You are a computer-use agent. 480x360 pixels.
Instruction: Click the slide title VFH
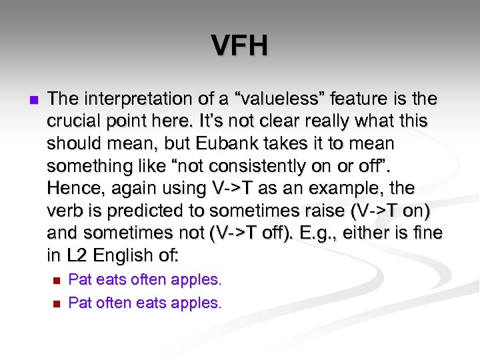coord(240,46)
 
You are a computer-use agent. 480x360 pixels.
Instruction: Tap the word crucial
coord(75,122)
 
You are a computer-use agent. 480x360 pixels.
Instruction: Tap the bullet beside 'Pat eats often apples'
coord(56,280)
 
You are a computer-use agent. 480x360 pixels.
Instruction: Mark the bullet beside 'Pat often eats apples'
coord(56,304)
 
